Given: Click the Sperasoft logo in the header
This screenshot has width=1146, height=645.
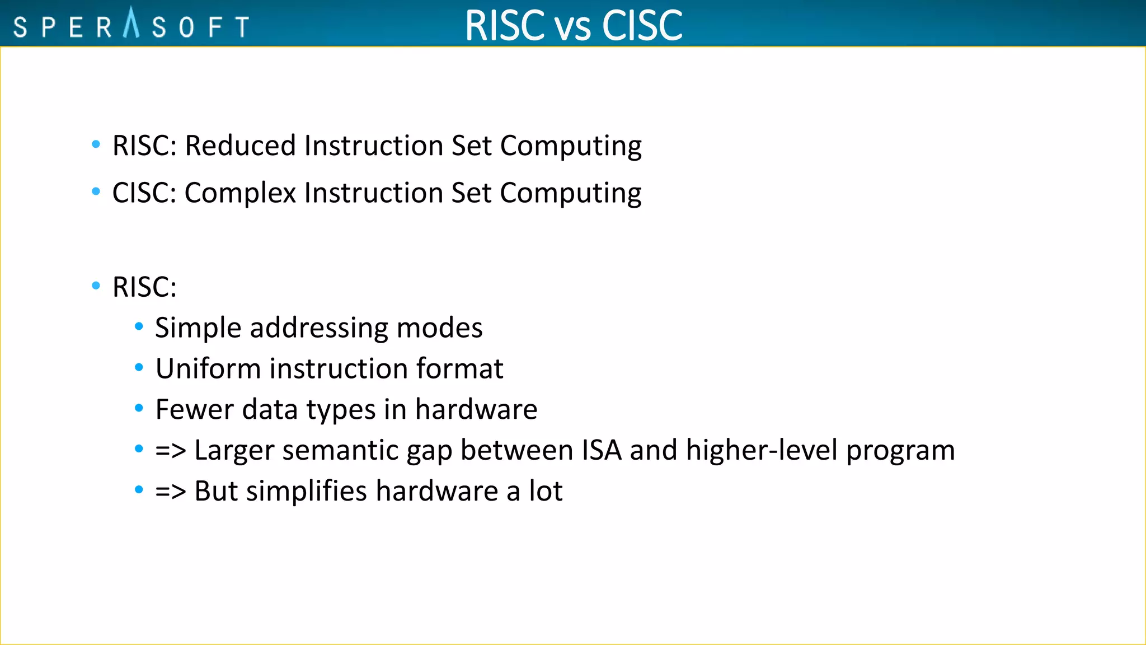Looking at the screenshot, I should tap(131, 25).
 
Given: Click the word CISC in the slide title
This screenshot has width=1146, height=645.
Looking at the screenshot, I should tap(642, 25).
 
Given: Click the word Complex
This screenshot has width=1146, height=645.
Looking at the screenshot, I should tap(240, 193).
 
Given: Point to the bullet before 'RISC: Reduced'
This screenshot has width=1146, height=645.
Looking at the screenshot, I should tap(96, 144).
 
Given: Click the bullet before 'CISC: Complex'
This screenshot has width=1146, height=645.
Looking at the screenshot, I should tap(96, 191).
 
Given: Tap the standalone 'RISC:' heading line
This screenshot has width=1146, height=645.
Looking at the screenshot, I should tap(144, 287).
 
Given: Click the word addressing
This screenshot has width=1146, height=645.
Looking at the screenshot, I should tap(318, 328).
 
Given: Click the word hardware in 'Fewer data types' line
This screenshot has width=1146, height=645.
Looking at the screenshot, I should tap(476, 409).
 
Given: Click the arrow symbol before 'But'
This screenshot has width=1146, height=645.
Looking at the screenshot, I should tap(170, 492).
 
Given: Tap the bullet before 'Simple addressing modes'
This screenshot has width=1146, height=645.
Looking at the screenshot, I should tap(139, 326).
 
